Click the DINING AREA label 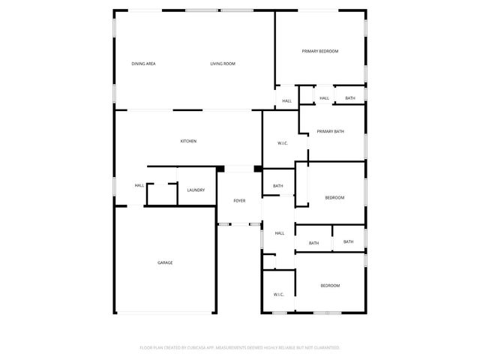(x=143, y=64)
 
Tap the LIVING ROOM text (x=223, y=64)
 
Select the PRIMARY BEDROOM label (x=320, y=51)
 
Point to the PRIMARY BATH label (x=330, y=132)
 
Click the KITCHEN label (x=188, y=141)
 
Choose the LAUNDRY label (x=196, y=190)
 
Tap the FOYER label (x=239, y=201)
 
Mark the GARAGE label (x=165, y=262)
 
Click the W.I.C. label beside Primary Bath (x=283, y=143)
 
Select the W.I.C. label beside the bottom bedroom (x=278, y=295)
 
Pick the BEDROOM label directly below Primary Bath (x=334, y=197)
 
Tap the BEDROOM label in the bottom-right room (x=331, y=286)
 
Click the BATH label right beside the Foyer (x=277, y=186)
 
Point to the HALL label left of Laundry (x=139, y=186)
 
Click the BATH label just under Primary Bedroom (x=350, y=98)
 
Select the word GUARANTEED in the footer (x=326, y=348)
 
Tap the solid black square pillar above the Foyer (x=258, y=169)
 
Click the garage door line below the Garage (x=166, y=313)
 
